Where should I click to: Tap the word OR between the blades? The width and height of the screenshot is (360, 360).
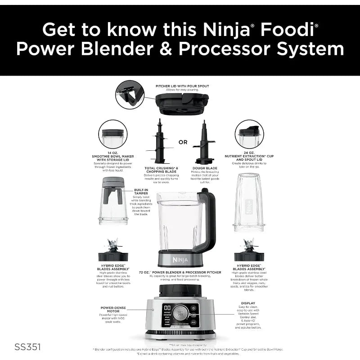183,142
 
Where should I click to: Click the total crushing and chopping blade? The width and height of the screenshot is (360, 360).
158,142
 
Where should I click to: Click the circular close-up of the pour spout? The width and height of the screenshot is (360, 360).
130,94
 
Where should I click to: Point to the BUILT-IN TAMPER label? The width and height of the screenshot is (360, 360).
140,191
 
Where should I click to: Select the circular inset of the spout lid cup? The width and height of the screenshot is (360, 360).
249,134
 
